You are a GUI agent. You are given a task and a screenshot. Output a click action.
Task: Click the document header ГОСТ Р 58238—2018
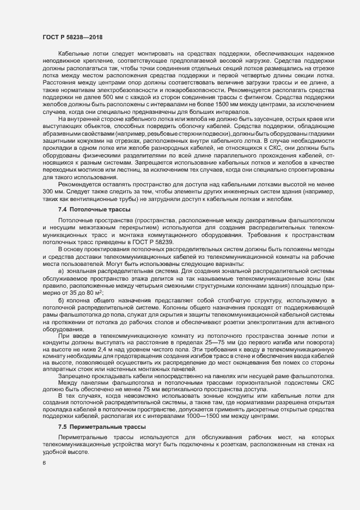(72, 37)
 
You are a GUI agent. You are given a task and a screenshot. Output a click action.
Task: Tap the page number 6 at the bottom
(44, 463)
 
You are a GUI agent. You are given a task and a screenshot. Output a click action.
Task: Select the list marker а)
(62, 271)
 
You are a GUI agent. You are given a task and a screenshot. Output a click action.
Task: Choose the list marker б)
(62, 301)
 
